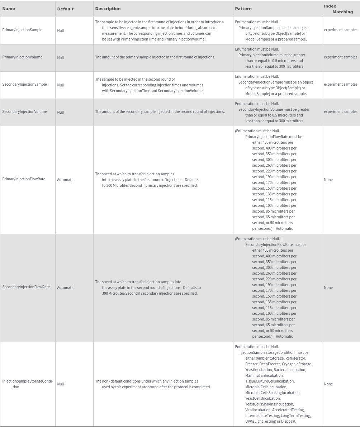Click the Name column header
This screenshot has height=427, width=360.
[9, 9]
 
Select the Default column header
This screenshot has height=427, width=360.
[65, 9]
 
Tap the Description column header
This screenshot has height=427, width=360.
[108, 9]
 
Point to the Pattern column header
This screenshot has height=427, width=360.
[243, 9]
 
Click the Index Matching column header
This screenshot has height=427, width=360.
[338, 9]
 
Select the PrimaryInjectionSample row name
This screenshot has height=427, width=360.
[22, 30]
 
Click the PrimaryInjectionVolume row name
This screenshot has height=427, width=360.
[22, 57]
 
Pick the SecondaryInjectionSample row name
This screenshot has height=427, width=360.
[24, 85]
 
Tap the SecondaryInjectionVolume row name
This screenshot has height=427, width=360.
[24, 112]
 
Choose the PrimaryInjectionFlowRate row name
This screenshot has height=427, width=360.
[24, 179]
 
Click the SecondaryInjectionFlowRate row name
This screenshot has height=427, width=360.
[26, 287]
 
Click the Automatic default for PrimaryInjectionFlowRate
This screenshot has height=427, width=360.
[66, 180]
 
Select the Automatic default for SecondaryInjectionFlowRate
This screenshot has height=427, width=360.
[66, 288]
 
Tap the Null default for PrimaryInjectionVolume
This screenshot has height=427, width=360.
[60, 58]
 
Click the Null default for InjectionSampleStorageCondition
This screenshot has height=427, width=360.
[60, 384]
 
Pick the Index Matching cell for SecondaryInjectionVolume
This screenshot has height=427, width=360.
[340, 112]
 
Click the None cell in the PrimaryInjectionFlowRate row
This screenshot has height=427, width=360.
[328, 180]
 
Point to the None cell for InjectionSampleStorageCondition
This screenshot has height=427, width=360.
[328, 384]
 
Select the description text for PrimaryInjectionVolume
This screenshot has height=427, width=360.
[155, 57]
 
